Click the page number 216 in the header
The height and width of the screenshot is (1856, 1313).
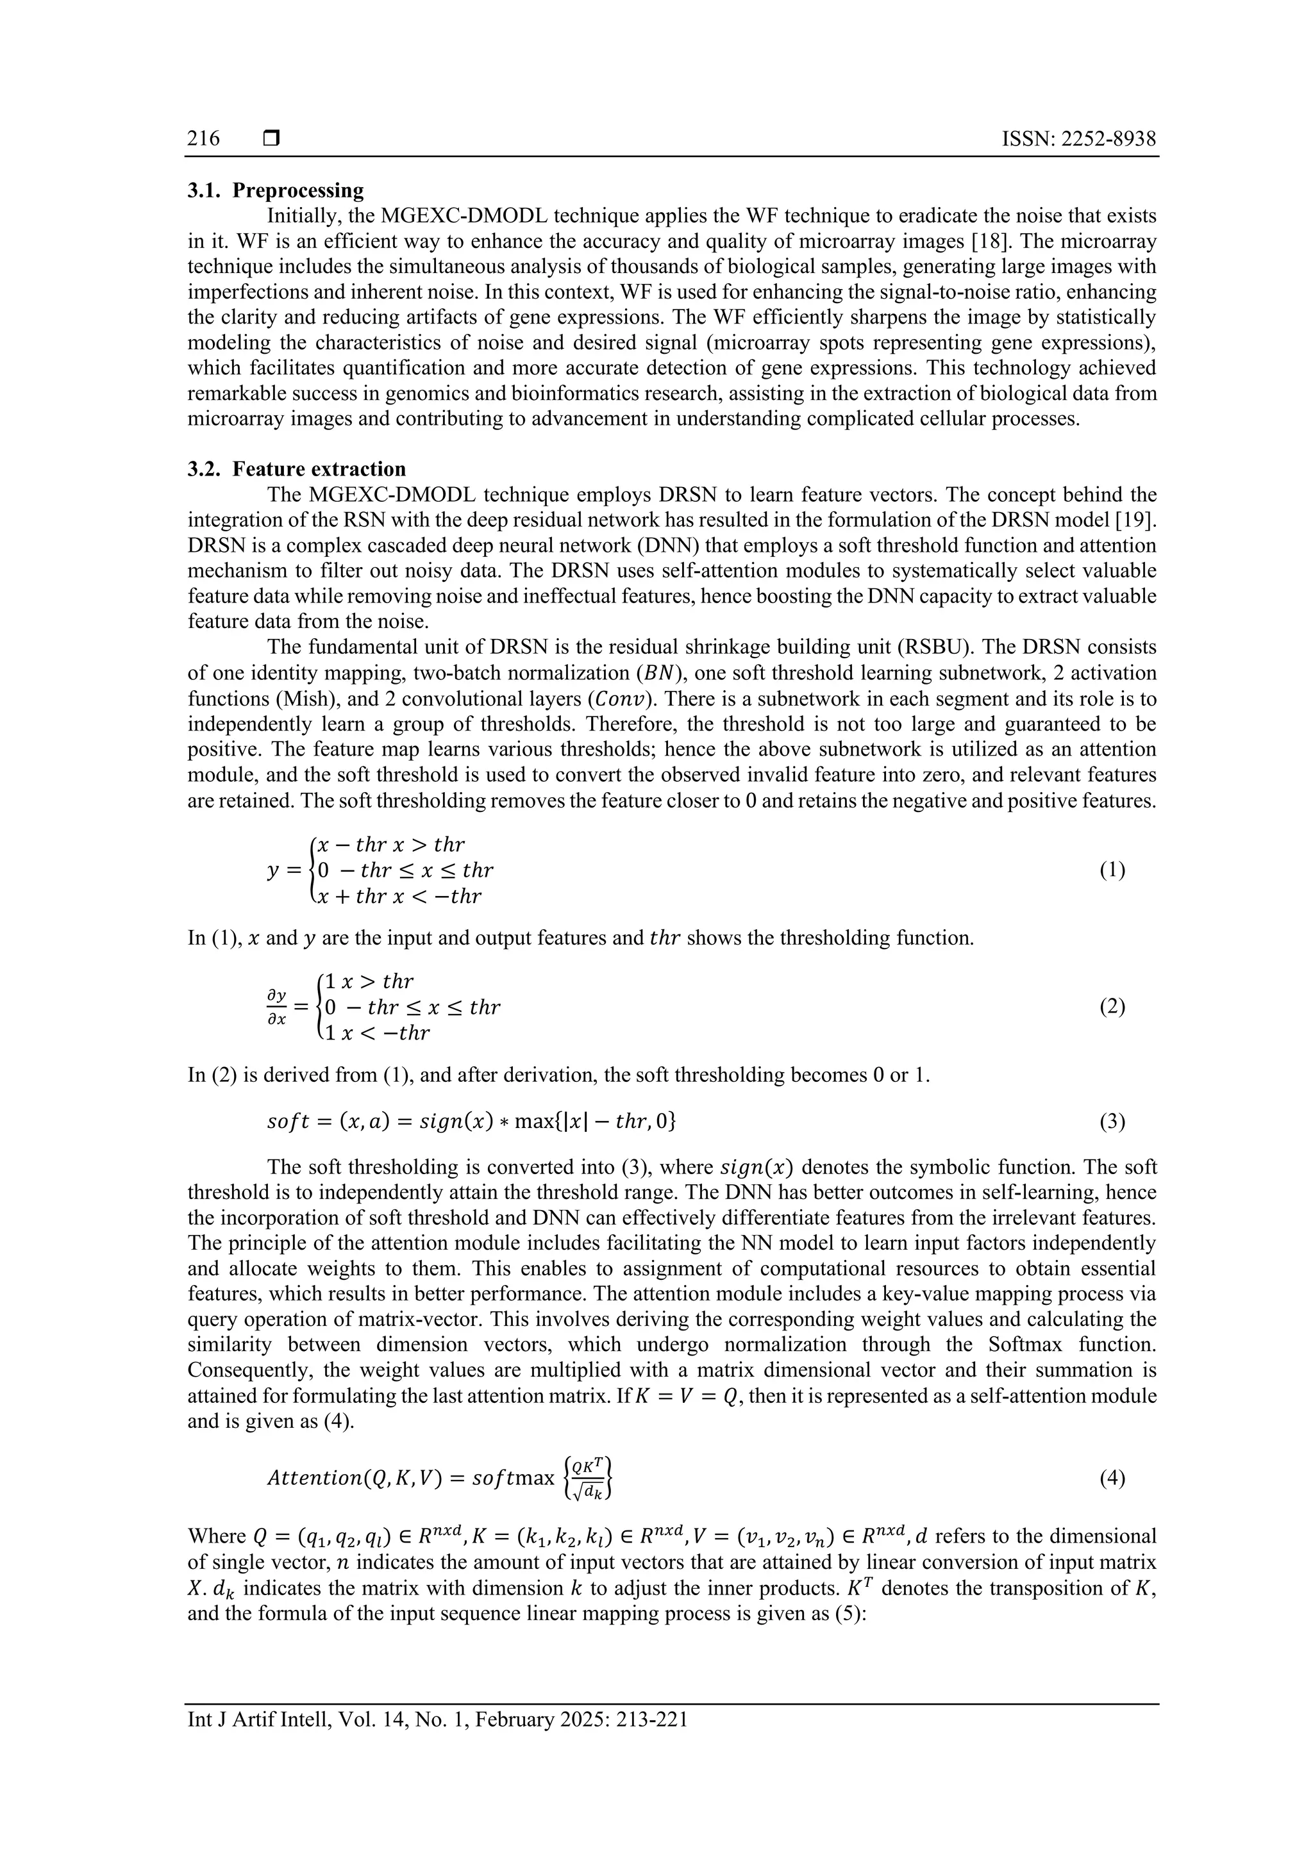(204, 139)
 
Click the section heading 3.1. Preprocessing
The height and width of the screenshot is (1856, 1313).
(276, 191)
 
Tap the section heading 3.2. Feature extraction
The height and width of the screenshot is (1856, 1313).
(297, 469)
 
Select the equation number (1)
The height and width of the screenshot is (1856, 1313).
(1112, 870)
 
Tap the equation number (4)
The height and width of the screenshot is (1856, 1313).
(1112, 1479)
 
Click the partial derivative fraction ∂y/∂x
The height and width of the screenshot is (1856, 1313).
(278, 1007)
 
